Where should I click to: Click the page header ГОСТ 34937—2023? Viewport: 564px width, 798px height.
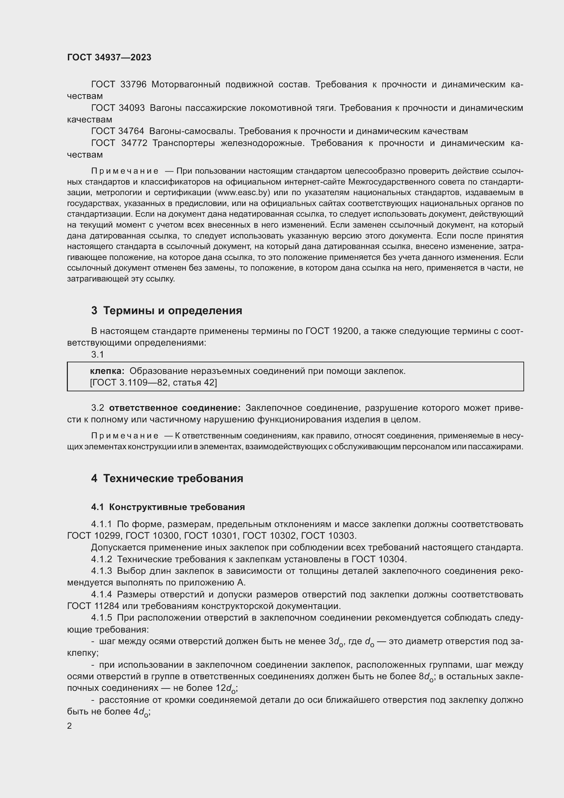(x=109, y=57)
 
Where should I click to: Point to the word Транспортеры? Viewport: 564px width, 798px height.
(x=184, y=143)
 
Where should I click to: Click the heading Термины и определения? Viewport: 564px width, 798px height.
(x=173, y=310)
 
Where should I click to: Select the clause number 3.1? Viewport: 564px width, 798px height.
(x=98, y=354)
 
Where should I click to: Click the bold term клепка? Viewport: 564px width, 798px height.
(x=107, y=371)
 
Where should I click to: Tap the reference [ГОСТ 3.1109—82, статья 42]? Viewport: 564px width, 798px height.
(x=153, y=383)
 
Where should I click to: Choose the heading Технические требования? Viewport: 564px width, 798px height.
(x=173, y=479)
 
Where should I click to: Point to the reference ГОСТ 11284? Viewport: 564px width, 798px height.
(x=93, y=606)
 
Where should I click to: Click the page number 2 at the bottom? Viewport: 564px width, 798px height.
(x=70, y=726)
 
